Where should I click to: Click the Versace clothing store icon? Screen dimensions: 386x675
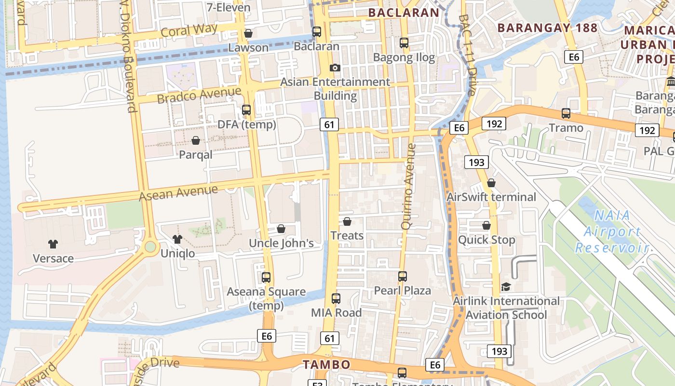tap(53, 244)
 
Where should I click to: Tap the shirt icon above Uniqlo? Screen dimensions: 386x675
tap(177, 239)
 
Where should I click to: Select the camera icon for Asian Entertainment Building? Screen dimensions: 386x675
tap(335, 68)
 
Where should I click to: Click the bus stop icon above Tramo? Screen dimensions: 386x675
tap(566, 114)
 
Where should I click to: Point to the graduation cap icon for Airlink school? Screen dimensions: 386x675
tap(505, 287)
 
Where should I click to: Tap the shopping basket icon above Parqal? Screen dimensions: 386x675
tap(196, 140)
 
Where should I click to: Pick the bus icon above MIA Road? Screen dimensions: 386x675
tap(336, 299)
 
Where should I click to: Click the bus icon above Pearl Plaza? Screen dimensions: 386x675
tap(403, 276)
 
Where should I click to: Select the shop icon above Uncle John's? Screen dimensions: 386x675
tap(281, 229)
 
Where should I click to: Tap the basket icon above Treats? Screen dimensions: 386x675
tap(347, 221)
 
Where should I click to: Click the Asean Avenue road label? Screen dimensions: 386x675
tap(178, 193)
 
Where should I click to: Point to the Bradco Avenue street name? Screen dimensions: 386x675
tap(199, 95)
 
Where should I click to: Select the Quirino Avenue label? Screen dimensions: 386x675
tap(408, 186)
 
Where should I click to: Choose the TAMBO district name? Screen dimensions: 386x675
tap(325, 364)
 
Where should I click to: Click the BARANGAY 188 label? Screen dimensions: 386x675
tap(547, 28)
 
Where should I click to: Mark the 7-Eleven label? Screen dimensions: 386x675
tap(229, 7)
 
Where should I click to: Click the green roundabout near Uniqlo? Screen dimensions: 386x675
tap(150, 247)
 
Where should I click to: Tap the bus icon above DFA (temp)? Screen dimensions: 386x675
tap(246, 110)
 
